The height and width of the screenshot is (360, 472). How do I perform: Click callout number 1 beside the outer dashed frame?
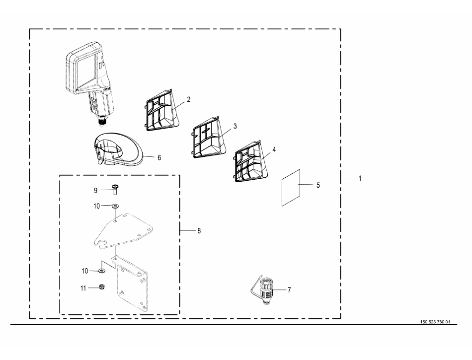(360, 178)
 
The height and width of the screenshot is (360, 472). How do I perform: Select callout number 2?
(189, 99)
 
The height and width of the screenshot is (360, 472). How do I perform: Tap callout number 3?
(235, 126)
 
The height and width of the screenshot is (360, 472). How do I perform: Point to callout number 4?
(274, 149)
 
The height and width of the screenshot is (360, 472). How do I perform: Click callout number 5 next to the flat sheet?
(318, 185)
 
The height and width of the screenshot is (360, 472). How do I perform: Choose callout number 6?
(159, 157)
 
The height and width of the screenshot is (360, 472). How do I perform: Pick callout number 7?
(289, 290)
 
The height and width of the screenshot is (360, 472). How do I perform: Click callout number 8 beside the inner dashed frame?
(199, 231)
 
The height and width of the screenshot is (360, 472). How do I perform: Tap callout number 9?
(96, 190)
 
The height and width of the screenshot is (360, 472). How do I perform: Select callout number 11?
(83, 288)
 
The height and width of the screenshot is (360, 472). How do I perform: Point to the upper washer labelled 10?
(115, 206)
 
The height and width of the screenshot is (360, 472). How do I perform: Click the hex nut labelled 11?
(102, 287)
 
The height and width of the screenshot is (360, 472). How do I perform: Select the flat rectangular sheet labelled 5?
(291, 188)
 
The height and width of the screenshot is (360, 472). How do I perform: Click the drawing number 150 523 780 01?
(435, 322)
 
